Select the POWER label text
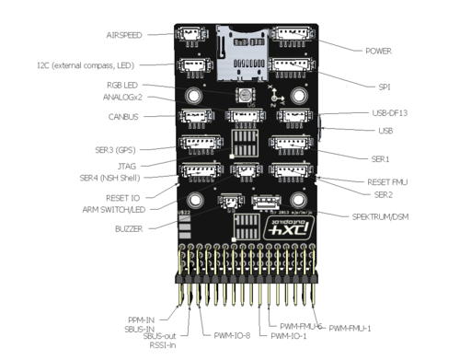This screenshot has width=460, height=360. pos(379,51)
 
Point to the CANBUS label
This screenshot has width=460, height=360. pos(126,118)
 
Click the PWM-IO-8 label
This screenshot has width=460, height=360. pos(233,336)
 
